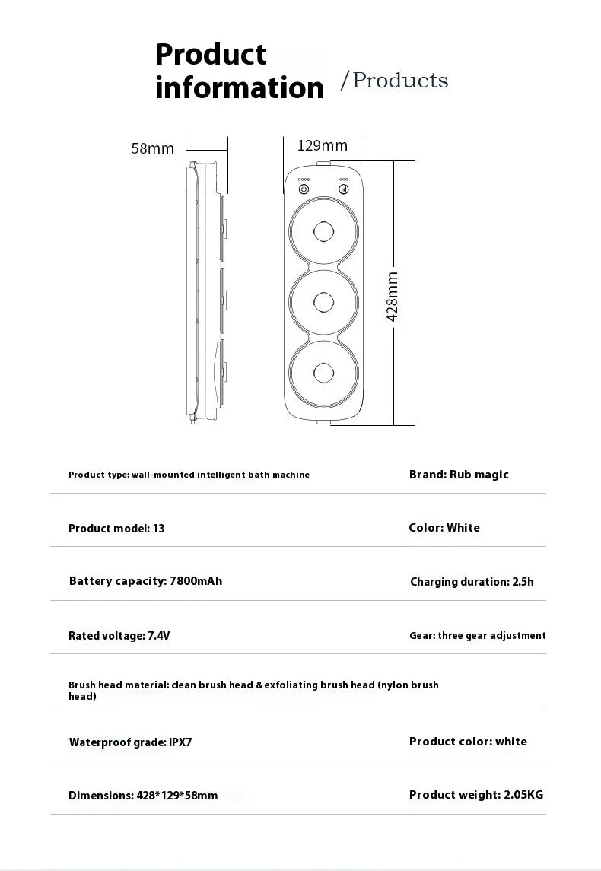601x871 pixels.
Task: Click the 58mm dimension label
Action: pos(152,149)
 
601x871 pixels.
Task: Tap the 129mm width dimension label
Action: pos(322,145)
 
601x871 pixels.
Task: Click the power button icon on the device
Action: pos(304,189)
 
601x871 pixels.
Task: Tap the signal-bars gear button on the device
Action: pos(343,189)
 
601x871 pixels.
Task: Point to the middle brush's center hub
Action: pos(323,302)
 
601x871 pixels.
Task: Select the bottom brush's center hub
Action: pos(323,373)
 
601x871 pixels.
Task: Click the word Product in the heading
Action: pos(211,55)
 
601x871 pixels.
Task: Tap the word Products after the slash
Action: pos(400,81)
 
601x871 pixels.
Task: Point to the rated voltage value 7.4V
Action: pos(158,636)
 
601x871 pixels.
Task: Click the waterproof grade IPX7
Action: pos(179,742)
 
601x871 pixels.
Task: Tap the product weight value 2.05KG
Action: pos(523,795)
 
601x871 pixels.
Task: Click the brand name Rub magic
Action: pos(479,475)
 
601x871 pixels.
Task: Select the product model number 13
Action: pos(158,529)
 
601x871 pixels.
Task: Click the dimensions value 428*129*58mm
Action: pos(176,796)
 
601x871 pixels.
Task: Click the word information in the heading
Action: pos(240,88)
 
